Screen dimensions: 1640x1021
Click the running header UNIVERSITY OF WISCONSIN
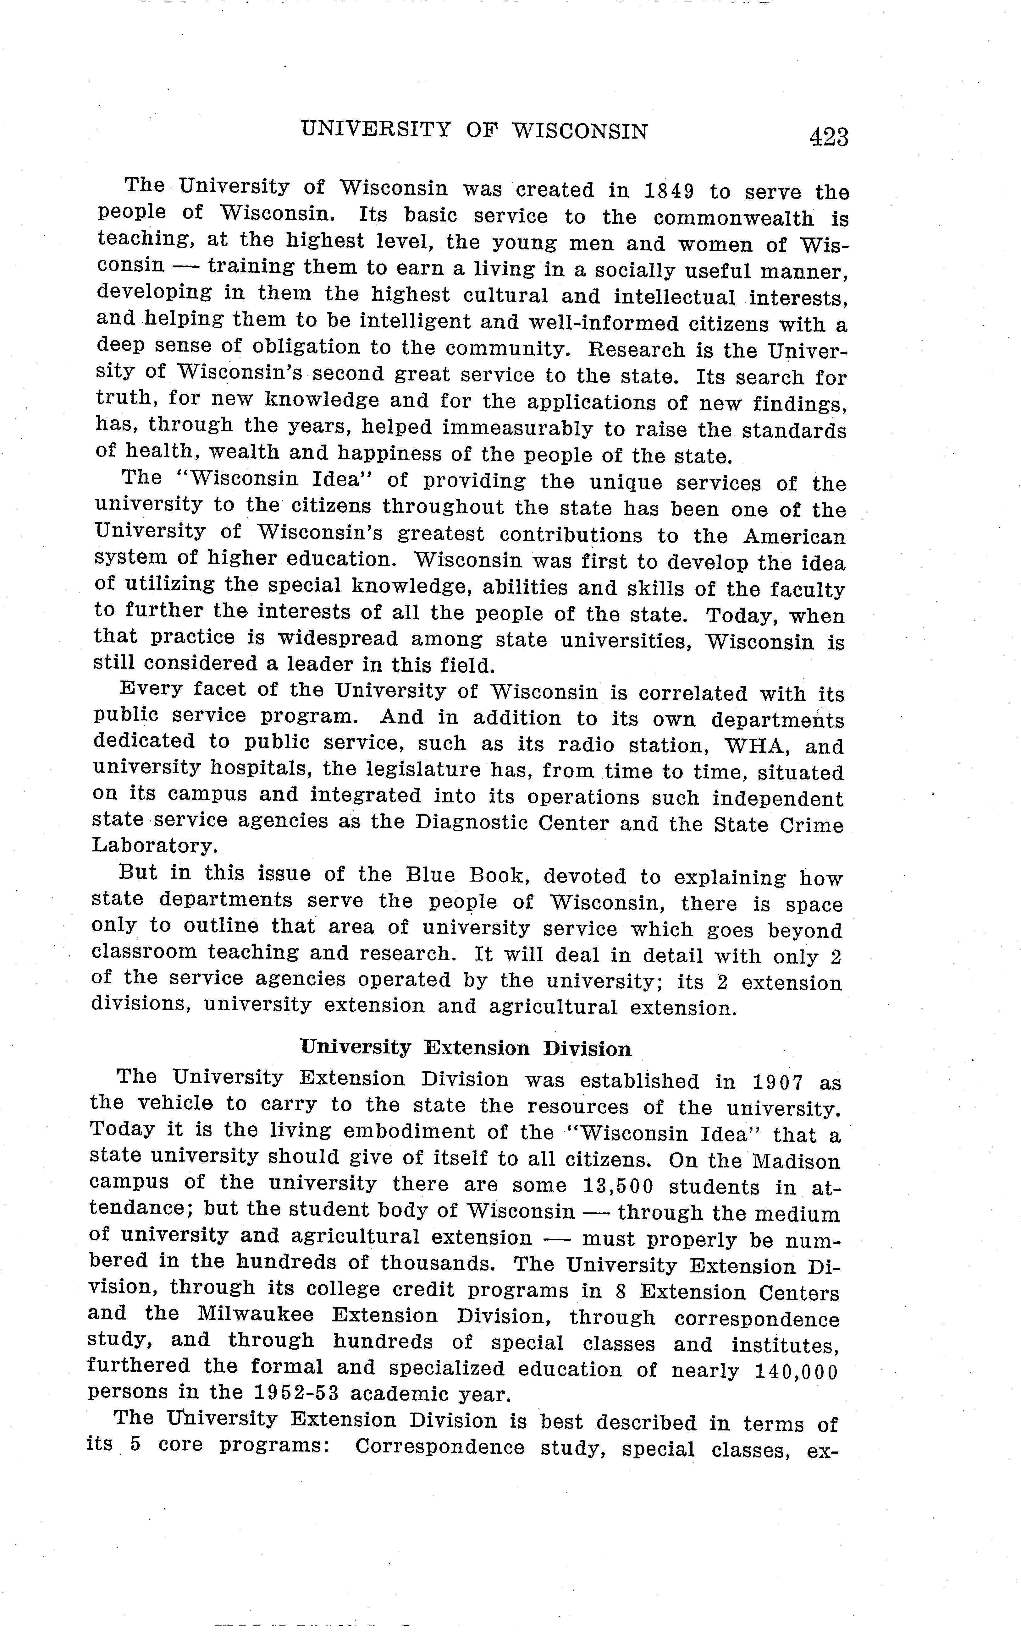474,130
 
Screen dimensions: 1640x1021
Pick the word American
794,537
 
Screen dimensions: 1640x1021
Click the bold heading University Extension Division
466,1048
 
